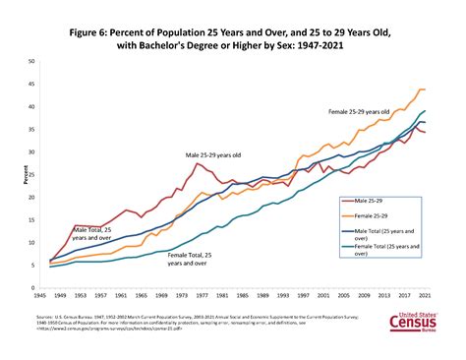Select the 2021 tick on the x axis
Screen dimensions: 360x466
point(424,296)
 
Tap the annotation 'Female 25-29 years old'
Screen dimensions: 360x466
point(361,112)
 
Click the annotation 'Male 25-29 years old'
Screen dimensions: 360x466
point(215,154)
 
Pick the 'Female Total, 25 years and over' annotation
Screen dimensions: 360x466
point(192,259)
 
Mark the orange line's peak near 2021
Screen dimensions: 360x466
point(421,90)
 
